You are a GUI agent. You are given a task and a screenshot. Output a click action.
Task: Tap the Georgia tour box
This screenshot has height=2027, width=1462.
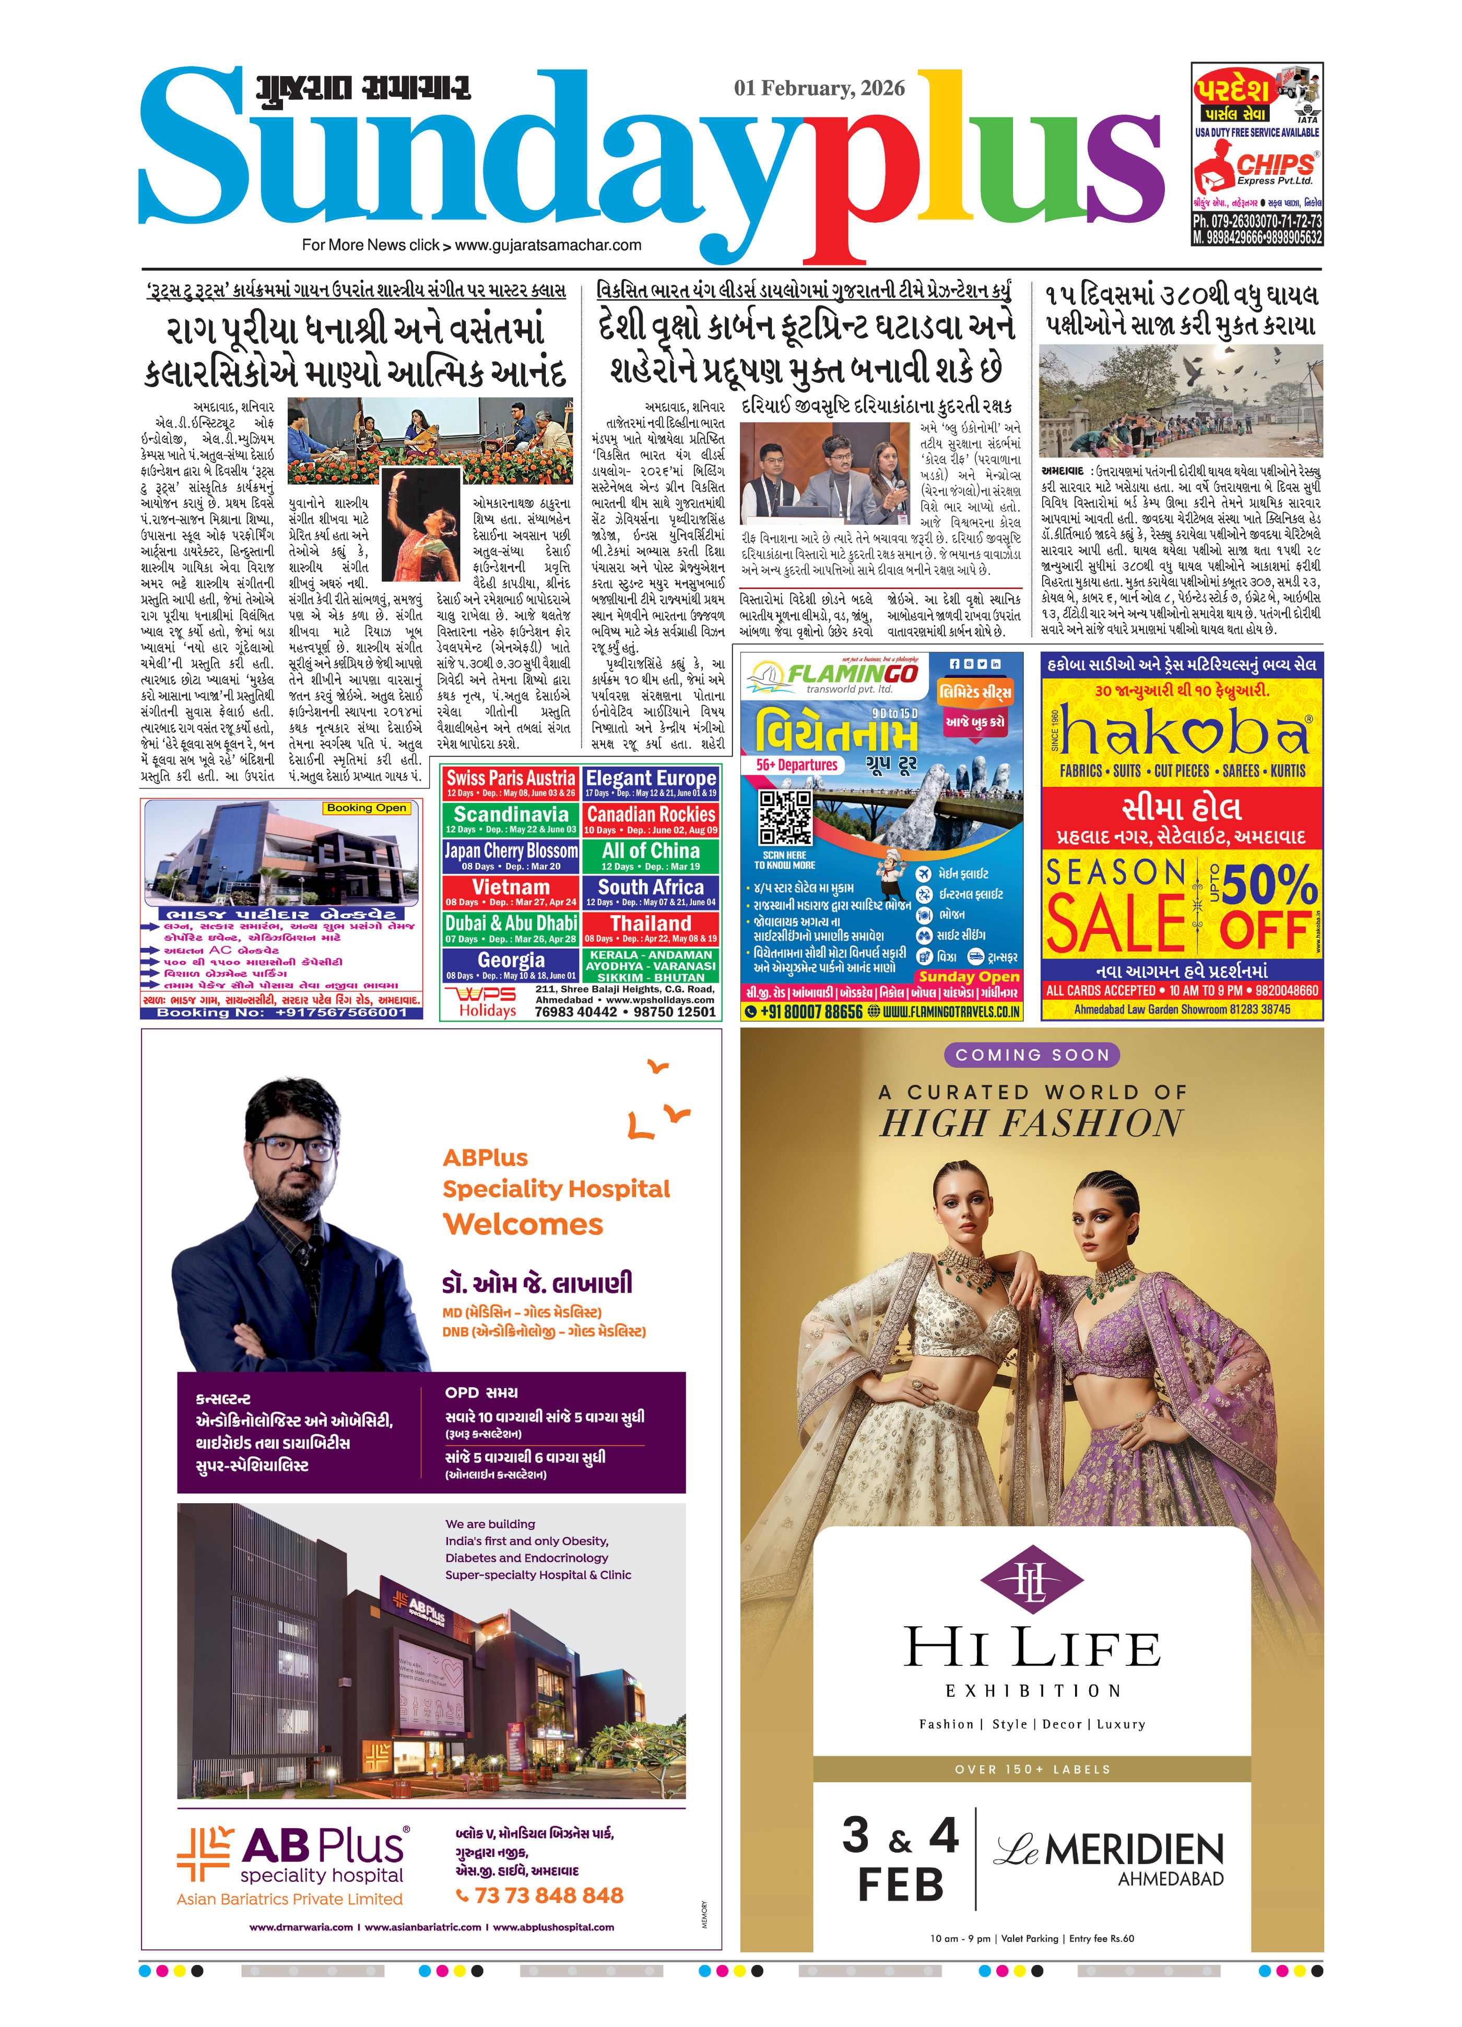click(x=511, y=964)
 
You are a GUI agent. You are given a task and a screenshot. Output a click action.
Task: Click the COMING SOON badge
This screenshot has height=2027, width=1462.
click(x=1031, y=1054)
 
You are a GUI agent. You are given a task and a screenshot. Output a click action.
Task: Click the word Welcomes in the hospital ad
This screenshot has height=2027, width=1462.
click(x=523, y=1225)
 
